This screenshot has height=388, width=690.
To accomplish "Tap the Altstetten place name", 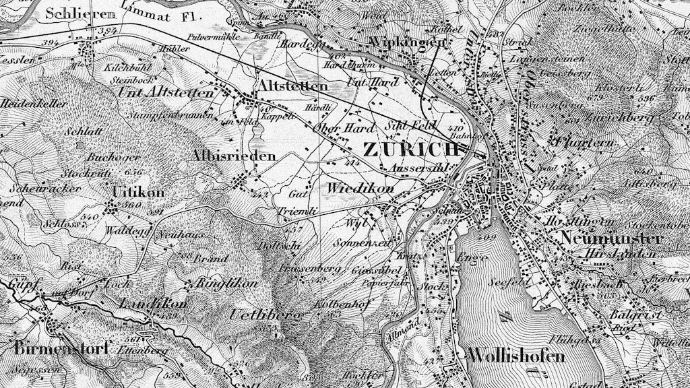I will tap(292, 86).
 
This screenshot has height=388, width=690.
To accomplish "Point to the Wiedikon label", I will tap(360, 189).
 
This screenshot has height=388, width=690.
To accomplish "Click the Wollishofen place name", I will tap(515, 356).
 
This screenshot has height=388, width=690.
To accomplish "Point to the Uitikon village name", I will tap(139, 192).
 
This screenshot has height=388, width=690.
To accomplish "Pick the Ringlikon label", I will tap(226, 284).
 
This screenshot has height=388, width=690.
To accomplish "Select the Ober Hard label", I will tap(334, 128).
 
